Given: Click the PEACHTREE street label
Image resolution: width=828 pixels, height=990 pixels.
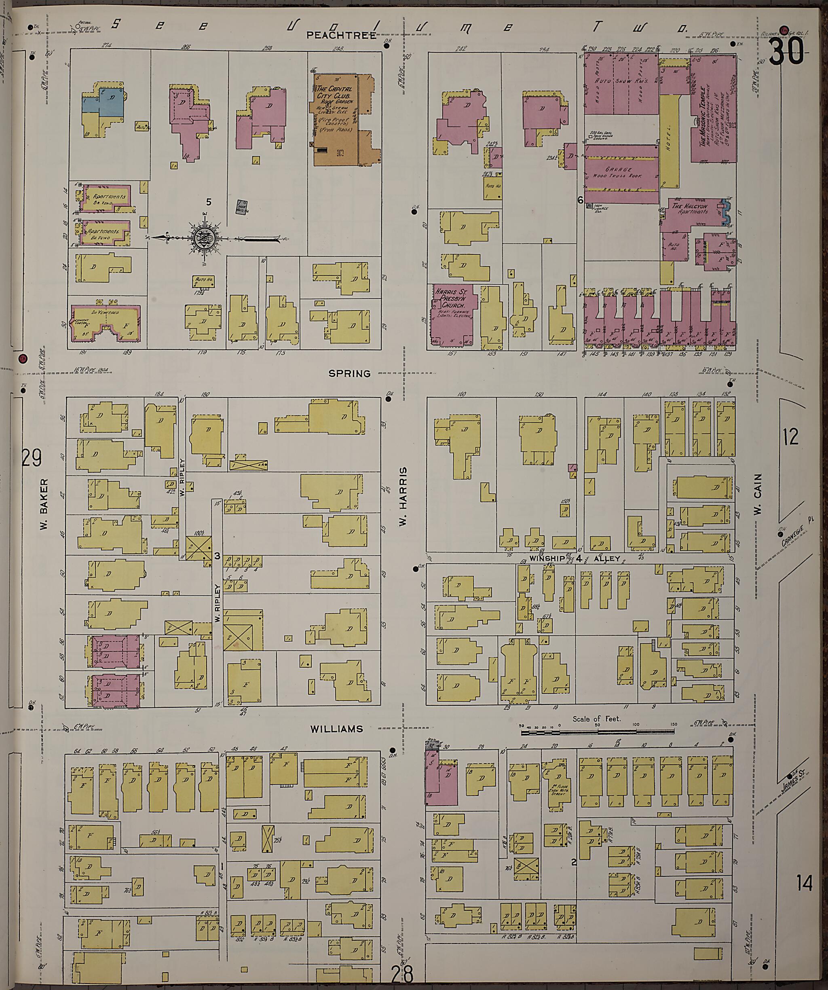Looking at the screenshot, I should pos(341,35).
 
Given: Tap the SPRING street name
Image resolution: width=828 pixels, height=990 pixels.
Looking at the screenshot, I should pos(349,373).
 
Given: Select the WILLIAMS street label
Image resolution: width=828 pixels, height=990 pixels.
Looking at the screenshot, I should pos(336,729).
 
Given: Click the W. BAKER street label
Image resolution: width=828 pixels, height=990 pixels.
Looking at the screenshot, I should pos(45,504).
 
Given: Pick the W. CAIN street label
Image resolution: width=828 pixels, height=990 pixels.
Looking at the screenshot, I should pos(758,495).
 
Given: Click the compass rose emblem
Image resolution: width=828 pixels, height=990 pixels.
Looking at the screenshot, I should pos(205,238).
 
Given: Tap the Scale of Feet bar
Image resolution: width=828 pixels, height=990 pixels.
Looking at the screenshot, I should pos(597,732).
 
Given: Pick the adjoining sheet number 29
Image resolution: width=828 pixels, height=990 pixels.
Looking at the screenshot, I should pos(32,458).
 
